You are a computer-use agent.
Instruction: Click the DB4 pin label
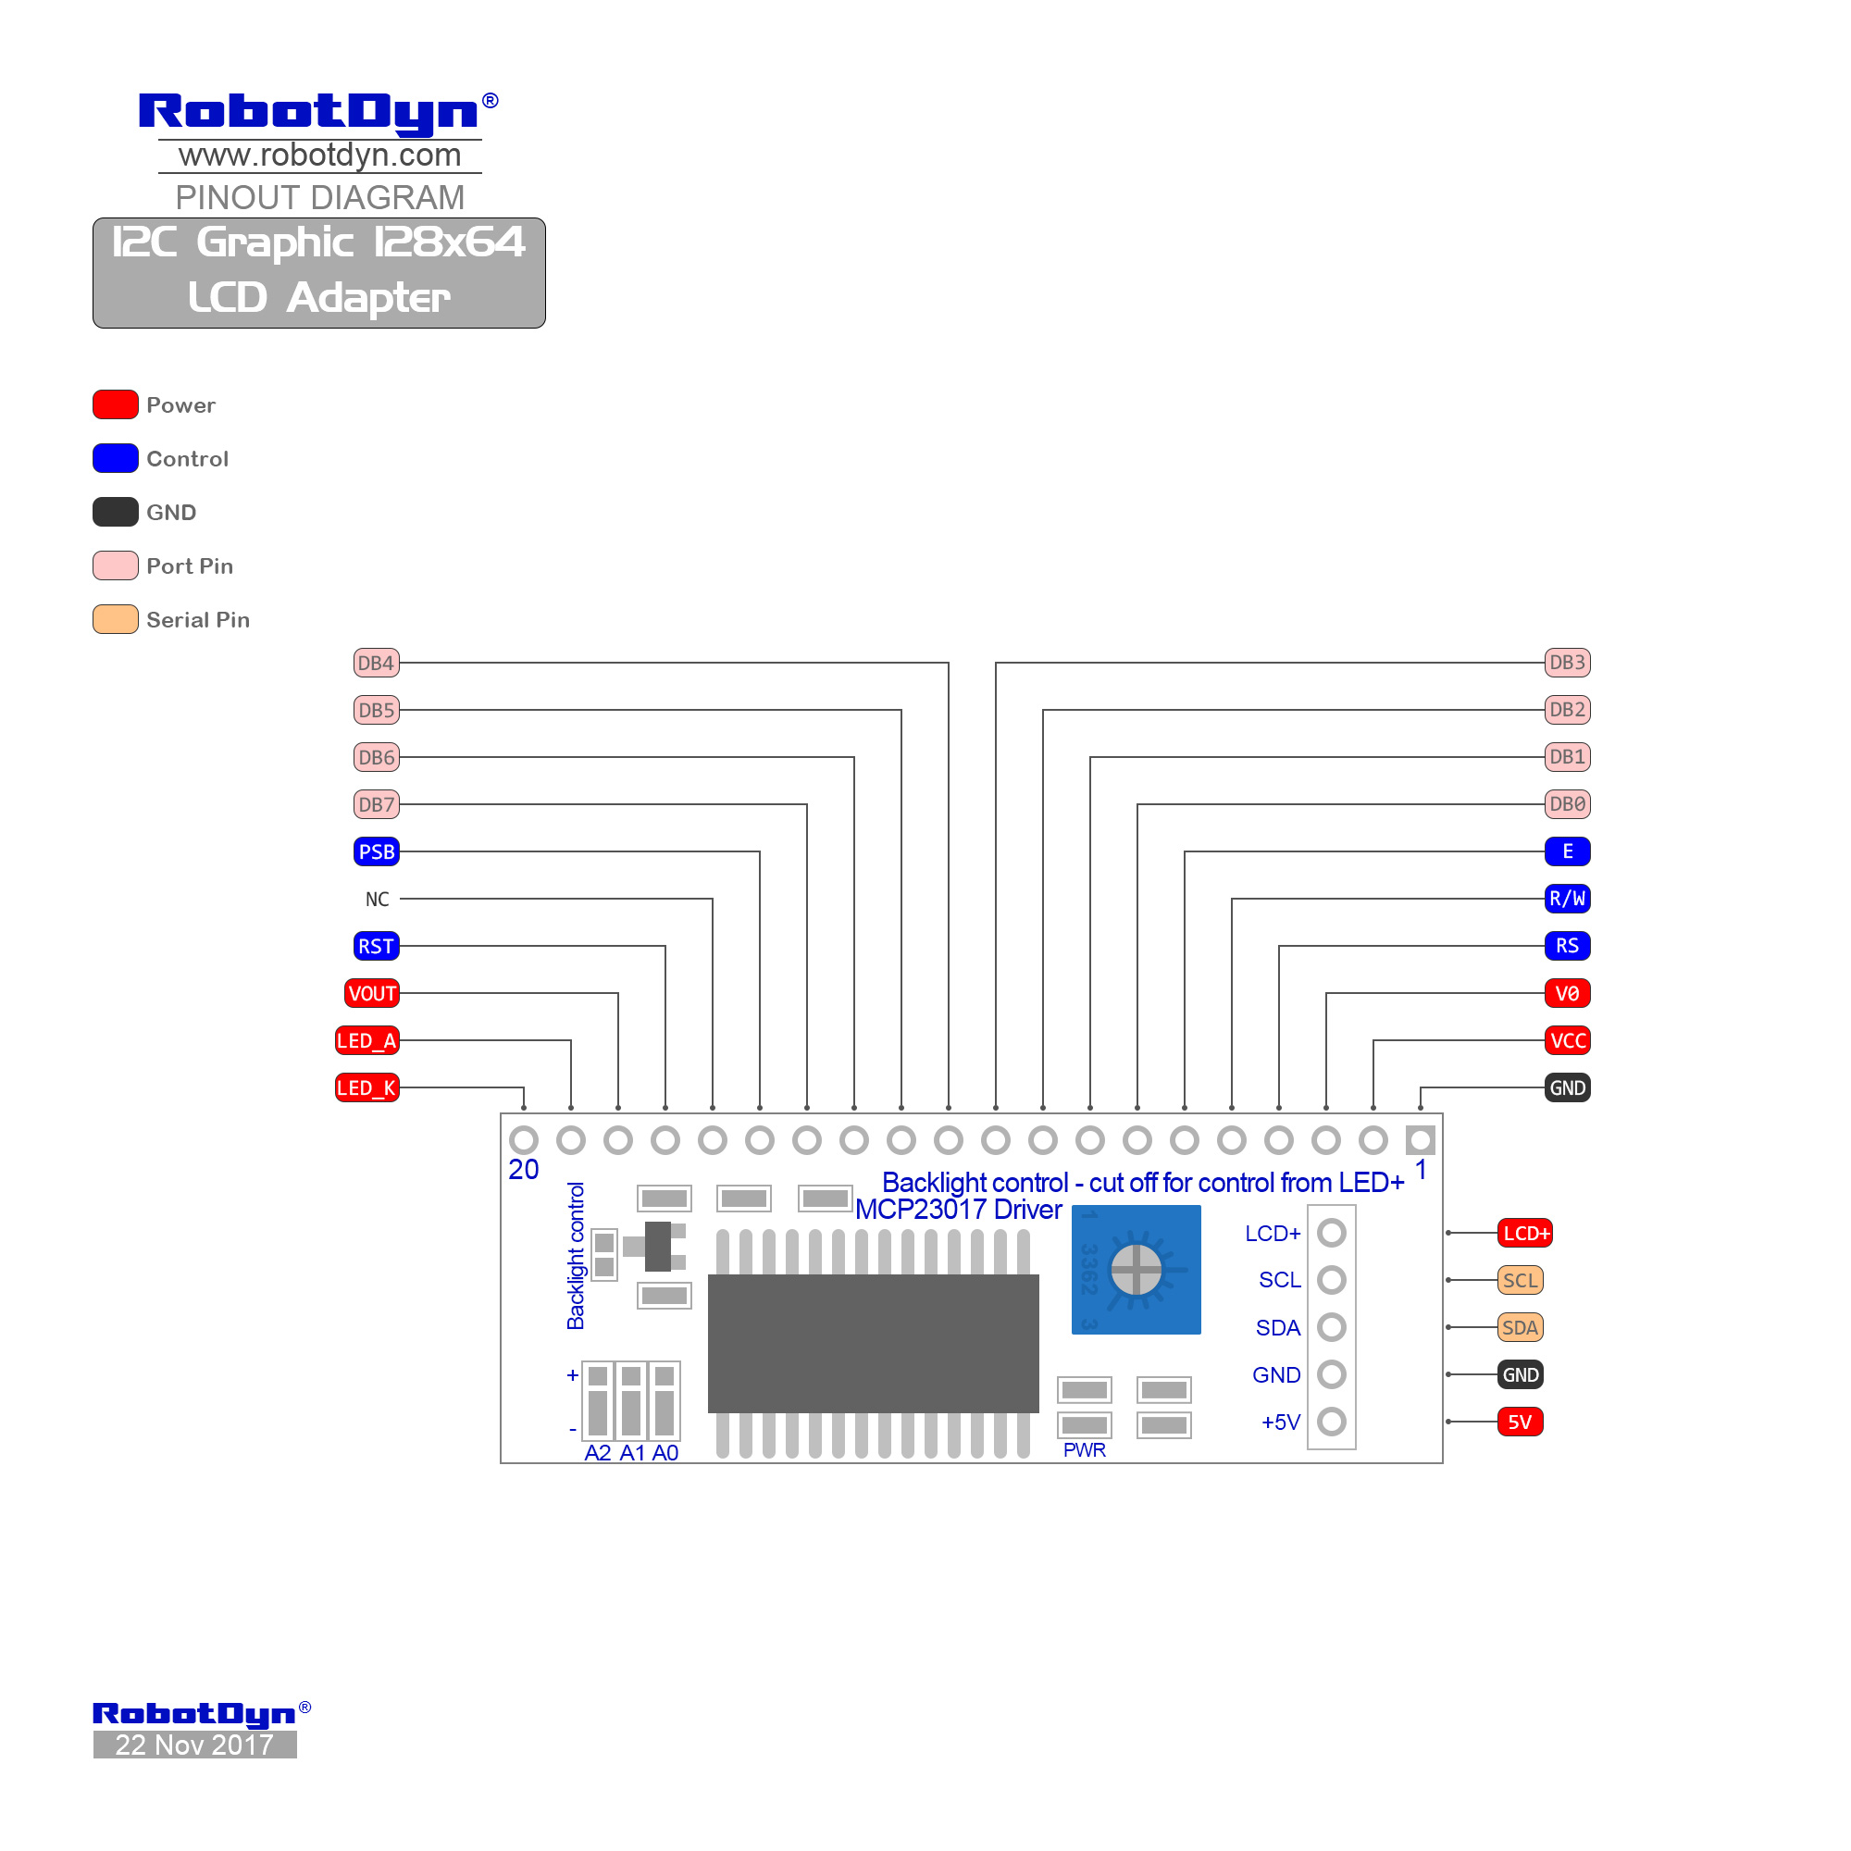pyautogui.click(x=377, y=663)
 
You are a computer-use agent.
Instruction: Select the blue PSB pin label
pyautogui.click(x=377, y=851)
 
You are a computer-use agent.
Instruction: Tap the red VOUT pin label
pyautogui.click(x=372, y=993)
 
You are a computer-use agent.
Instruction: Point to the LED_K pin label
pyautogui.click(x=366, y=1088)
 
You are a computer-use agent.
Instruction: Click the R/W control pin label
pyautogui.click(x=1568, y=899)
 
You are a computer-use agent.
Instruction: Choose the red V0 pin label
pyautogui.click(x=1568, y=993)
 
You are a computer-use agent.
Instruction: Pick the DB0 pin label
pyautogui.click(x=1568, y=804)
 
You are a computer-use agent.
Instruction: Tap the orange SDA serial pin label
pyautogui.click(x=1521, y=1328)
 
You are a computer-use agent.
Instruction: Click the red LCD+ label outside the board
pyautogui.click(x=1525, y=1233)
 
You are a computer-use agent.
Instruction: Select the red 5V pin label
pyautogui.click(x=1521, y=1422)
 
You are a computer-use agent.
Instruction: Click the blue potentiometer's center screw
pyautogui.click(x=1137, y=1271)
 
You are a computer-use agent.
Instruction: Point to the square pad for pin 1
pyautogui.click(x=1420, y=1140)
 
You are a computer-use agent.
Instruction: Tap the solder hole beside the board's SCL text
pyautogui.click(x=1332, y=1280)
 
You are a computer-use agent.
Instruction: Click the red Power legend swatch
pyautogui.click(x=115, y=405)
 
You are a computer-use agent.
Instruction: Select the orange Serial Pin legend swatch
pyautogui.click(x=115, y=620)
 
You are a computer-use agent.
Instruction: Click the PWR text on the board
pyautogui.click(x=1085, y=1450)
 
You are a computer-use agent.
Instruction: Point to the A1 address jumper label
pyautogui.click(x=632, y=1453)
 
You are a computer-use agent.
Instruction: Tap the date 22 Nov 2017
pyautogui.click(x=194, y=1745)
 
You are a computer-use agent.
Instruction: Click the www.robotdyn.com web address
pyautogui.click(x=320, y=155)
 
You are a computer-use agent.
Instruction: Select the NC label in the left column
pyautogui.click(x=377, y=900)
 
